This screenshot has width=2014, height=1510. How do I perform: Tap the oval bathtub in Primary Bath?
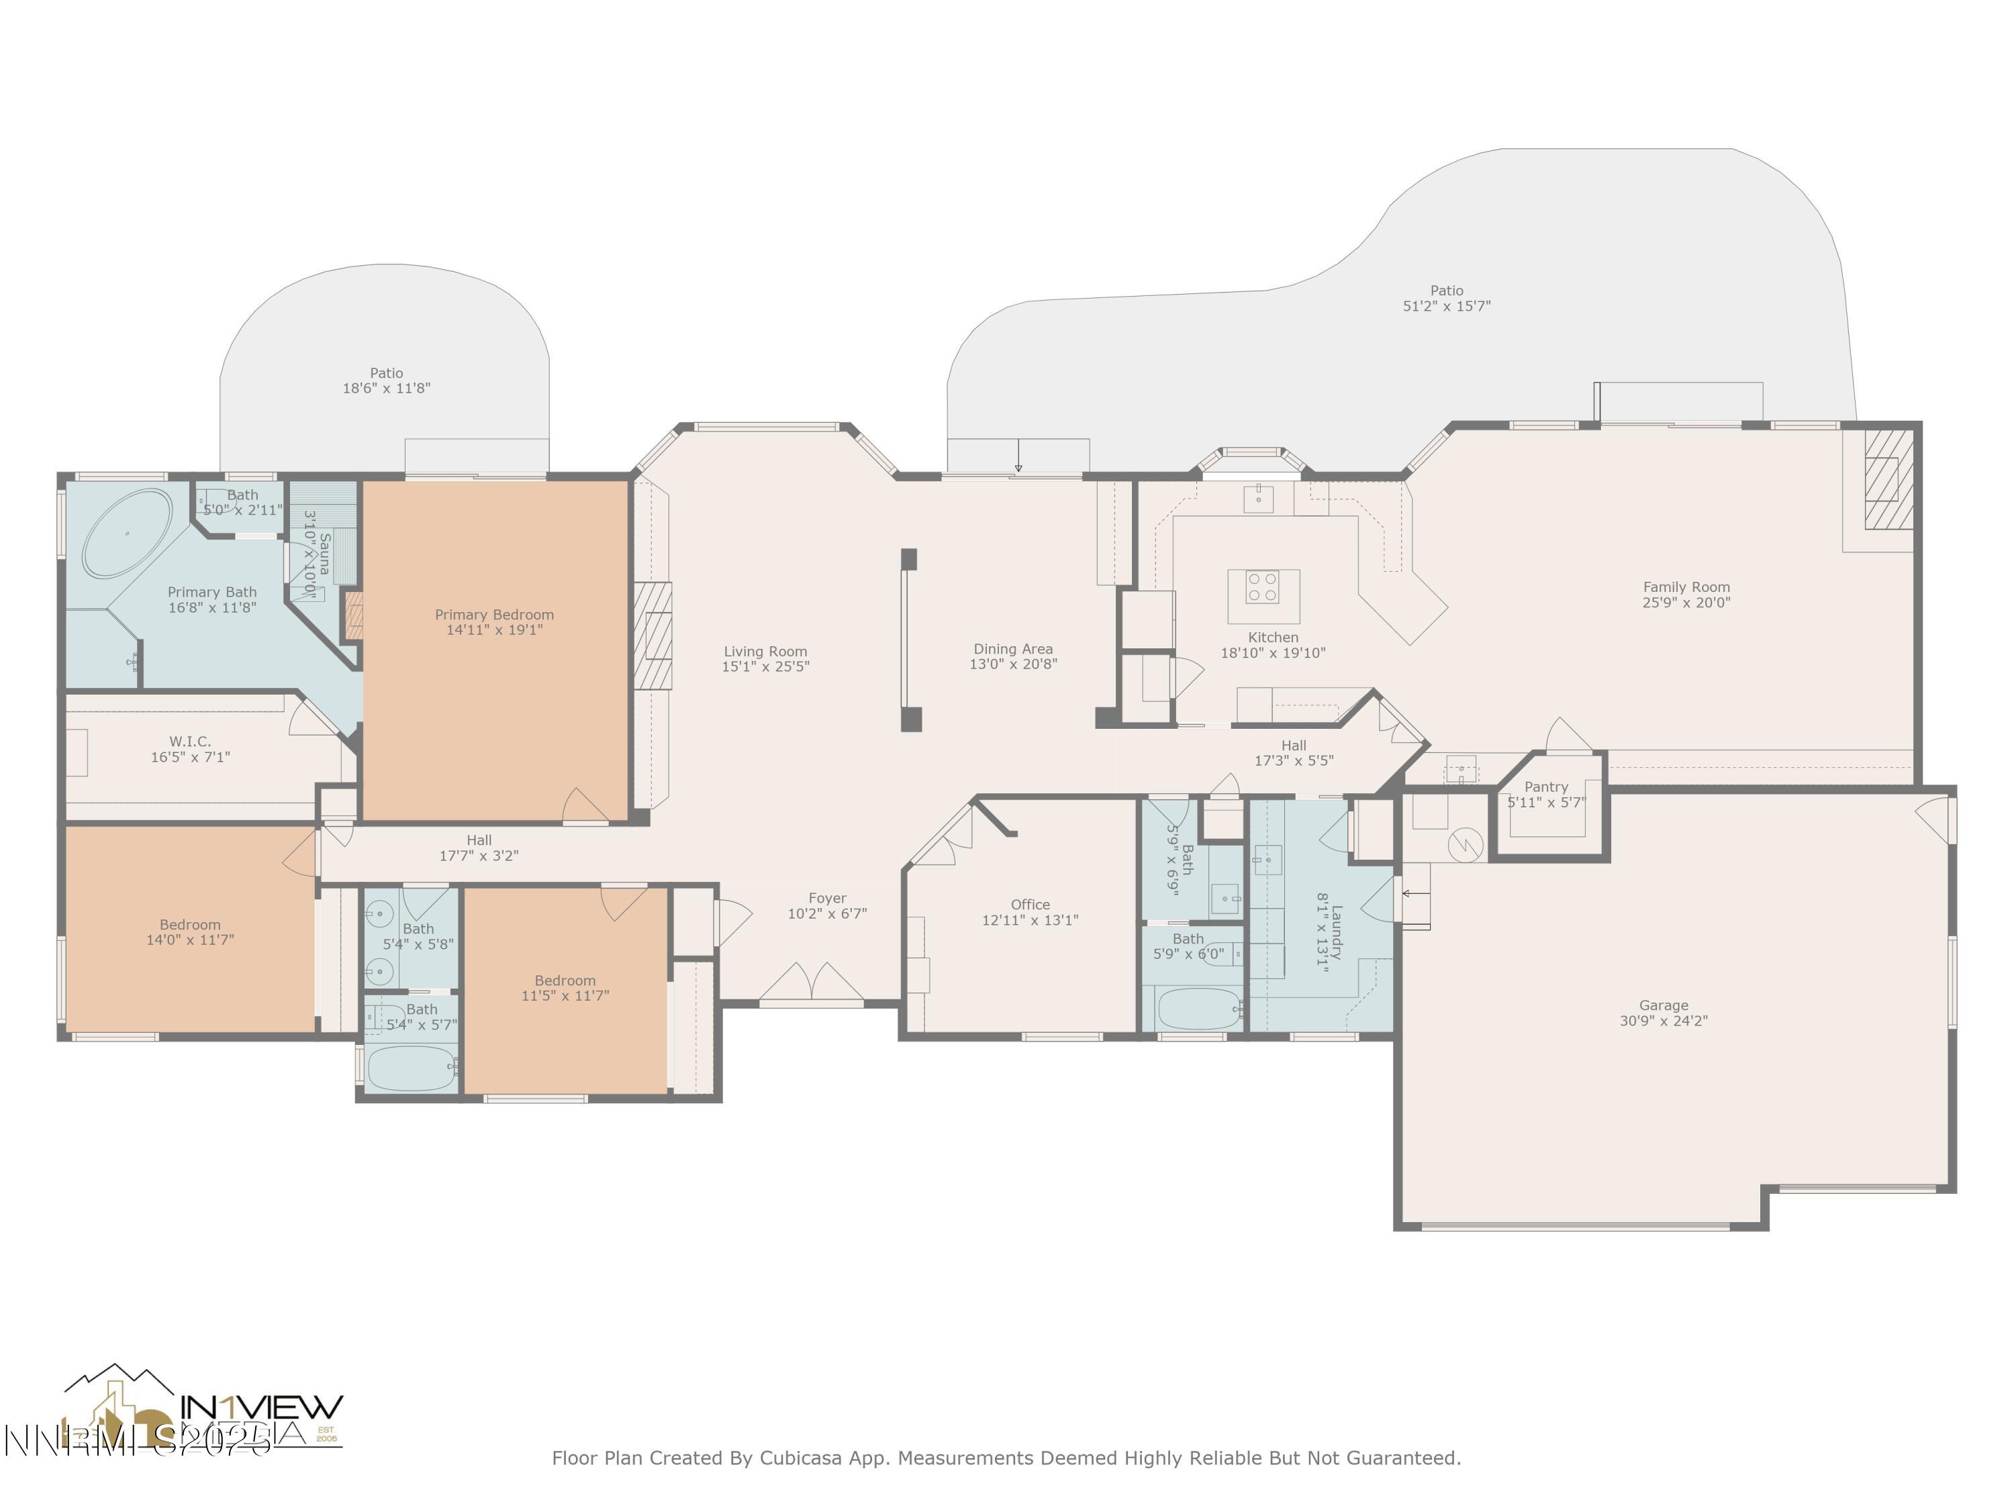(x=128, y=534)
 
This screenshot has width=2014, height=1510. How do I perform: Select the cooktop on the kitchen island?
(x=1262, y=587)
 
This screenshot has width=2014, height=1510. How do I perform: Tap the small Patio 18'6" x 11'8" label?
(x=386, y=380)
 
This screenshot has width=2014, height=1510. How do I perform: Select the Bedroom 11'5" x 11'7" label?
(x=565, y=988)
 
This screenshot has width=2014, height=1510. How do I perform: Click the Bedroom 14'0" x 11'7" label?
(x=189, y=932)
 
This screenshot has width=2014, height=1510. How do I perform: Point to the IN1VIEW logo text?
(x=262, y=1406)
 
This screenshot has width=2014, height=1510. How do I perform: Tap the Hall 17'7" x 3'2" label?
(x=479, y=848)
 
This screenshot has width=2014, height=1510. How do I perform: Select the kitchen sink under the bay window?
(x=1258, y=498)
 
